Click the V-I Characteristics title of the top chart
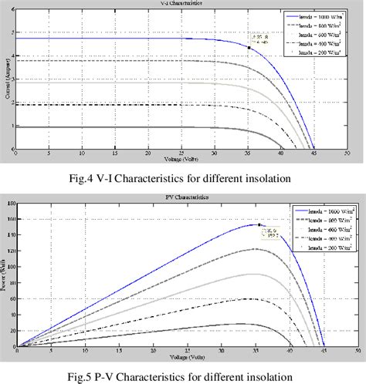[182, 3]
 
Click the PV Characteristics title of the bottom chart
[182, 199]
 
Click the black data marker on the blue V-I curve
[249, 47]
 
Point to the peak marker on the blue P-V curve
[259, 224]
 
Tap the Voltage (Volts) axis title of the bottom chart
[182, 355]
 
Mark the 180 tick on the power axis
[11, 204]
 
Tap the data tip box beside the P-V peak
[273, 231]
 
